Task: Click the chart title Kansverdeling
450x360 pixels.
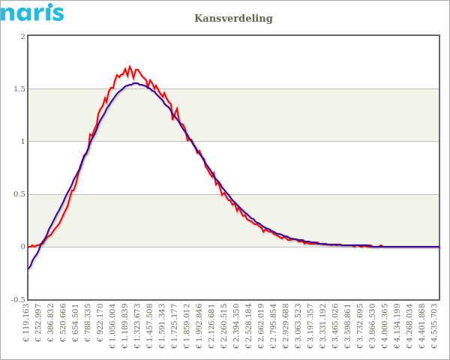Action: click(x=233, y=18)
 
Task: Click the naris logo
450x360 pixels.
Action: click(x=31, y=12)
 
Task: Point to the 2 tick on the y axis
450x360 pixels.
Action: click(x=22, y=37)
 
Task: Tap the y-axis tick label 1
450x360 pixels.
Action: click(x=22, y=142)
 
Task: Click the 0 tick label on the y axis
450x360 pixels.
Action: click(x=22, y=247)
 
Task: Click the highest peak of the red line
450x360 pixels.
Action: click(x=130, y=67)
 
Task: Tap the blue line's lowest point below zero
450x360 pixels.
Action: click(x=28, y=268)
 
